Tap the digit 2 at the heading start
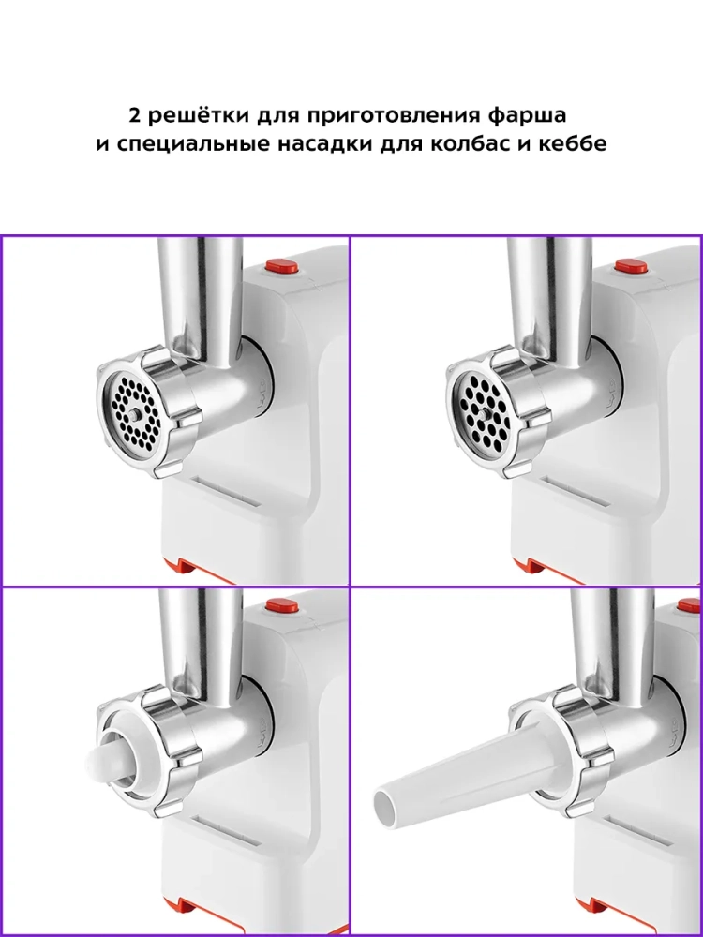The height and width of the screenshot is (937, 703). [x=134, y=114]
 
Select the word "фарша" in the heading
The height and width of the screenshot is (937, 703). [x=527, y=116]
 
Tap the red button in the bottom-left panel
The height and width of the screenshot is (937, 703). [x=282, y=604]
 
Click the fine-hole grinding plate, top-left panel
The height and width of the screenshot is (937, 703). [x=131, y=412]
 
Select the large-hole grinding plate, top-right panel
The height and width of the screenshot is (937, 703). [x=481, y=411]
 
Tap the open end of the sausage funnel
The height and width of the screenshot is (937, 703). [x=385, y=807]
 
